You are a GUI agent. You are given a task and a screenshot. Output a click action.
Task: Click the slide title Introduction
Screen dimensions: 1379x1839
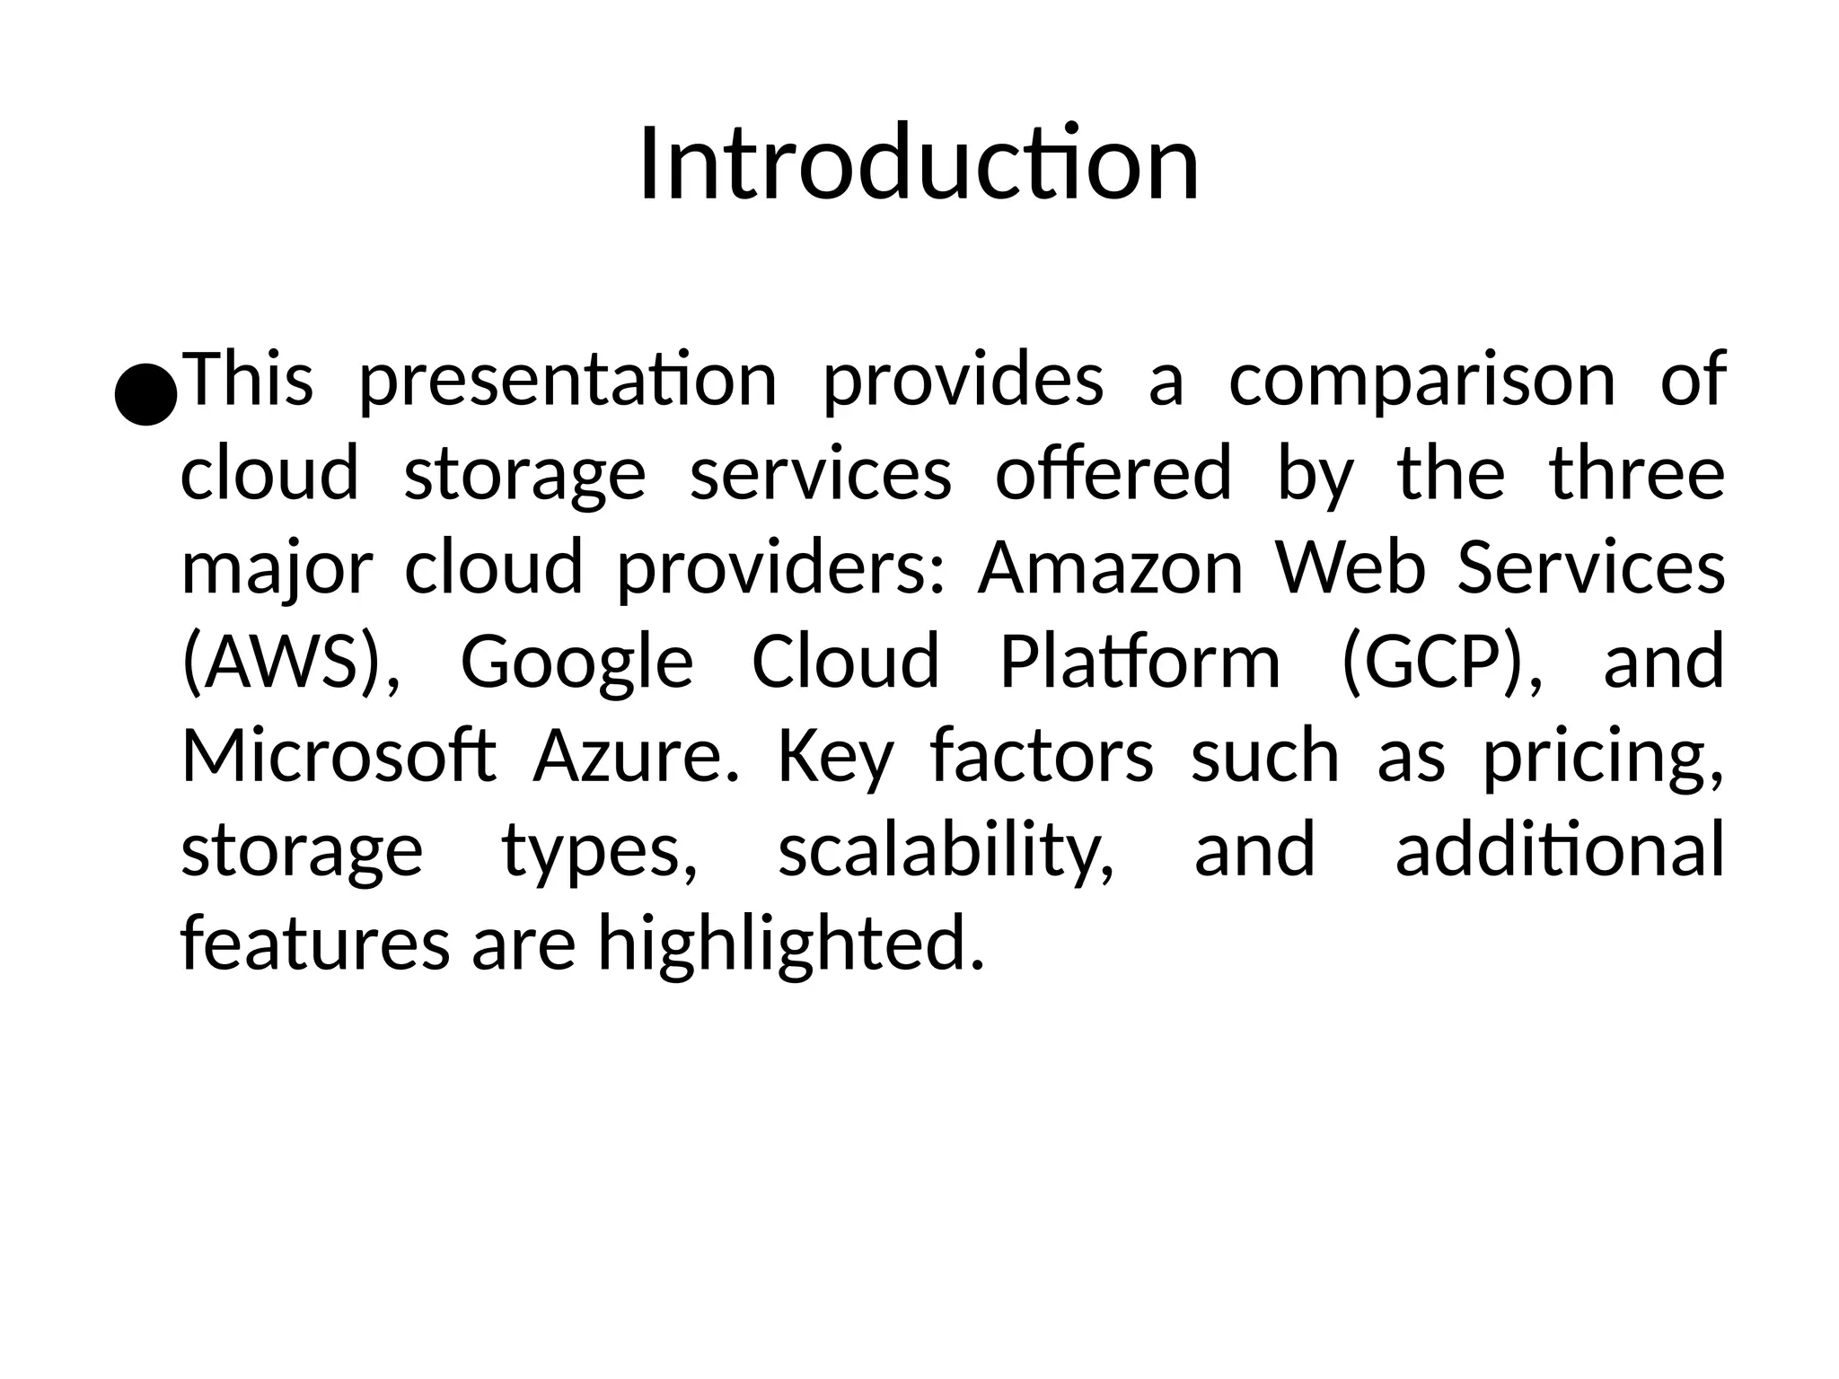pyautogui.click(x=919, y=164)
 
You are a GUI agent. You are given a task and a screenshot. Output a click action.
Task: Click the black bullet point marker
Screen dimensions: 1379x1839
pyautogui.click(x=145, y=393)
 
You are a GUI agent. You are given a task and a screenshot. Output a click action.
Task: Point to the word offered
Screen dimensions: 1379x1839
pyautogui.click(x=1113, y=474)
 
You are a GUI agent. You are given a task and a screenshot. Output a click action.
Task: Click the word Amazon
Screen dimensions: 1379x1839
pyautogui.click(x=1111, y=569)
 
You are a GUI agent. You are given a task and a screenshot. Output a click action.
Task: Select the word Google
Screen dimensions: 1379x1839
pyautogui.click(x=576, y=663)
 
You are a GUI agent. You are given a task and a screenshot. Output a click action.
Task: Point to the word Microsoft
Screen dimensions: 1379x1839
pyautogui.click(x=339, y=756)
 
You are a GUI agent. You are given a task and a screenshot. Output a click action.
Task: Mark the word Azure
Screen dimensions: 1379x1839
pyautogui.click(x=636, y=756)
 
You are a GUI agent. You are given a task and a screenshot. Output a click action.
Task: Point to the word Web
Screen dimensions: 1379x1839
pyautogui.click(x=1351, y=569)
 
